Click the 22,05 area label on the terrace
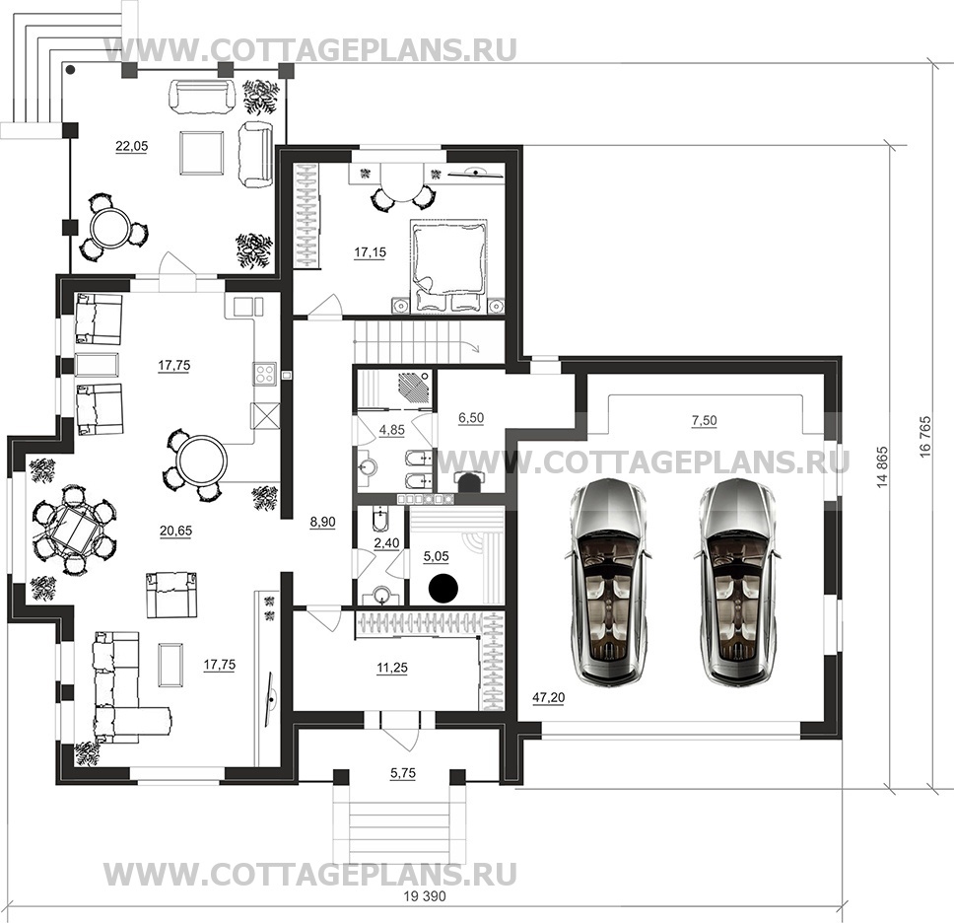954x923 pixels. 131,146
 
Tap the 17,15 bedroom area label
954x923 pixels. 370,251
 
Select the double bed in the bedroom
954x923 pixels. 449,265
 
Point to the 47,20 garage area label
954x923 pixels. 548,697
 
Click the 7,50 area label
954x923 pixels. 704,420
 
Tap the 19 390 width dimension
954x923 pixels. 424,895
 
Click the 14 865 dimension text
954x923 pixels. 883,467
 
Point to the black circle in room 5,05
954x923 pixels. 443,587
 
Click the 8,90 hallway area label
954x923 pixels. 322,522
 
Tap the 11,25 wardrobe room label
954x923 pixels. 392,668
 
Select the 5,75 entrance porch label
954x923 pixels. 403,772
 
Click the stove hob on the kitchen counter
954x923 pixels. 265,373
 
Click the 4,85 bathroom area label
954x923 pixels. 392,429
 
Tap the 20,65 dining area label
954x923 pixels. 175,531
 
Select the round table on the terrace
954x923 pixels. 109,227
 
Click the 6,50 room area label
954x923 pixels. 471,417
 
